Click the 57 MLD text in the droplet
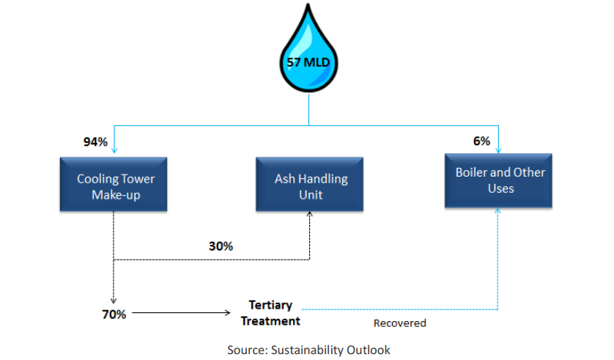308,62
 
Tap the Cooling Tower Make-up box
114,185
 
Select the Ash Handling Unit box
309,185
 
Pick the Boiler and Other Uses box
498,180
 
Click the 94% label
95,142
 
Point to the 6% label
481,141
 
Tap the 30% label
221,246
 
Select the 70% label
114,315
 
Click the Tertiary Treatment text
270,313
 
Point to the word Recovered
400,323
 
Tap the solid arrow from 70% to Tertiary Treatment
181,312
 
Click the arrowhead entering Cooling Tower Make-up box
114,150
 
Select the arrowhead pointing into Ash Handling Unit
309,214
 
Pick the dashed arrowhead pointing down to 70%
114,301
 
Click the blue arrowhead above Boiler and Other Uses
498,150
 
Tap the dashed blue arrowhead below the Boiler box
498,210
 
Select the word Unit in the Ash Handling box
311,195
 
